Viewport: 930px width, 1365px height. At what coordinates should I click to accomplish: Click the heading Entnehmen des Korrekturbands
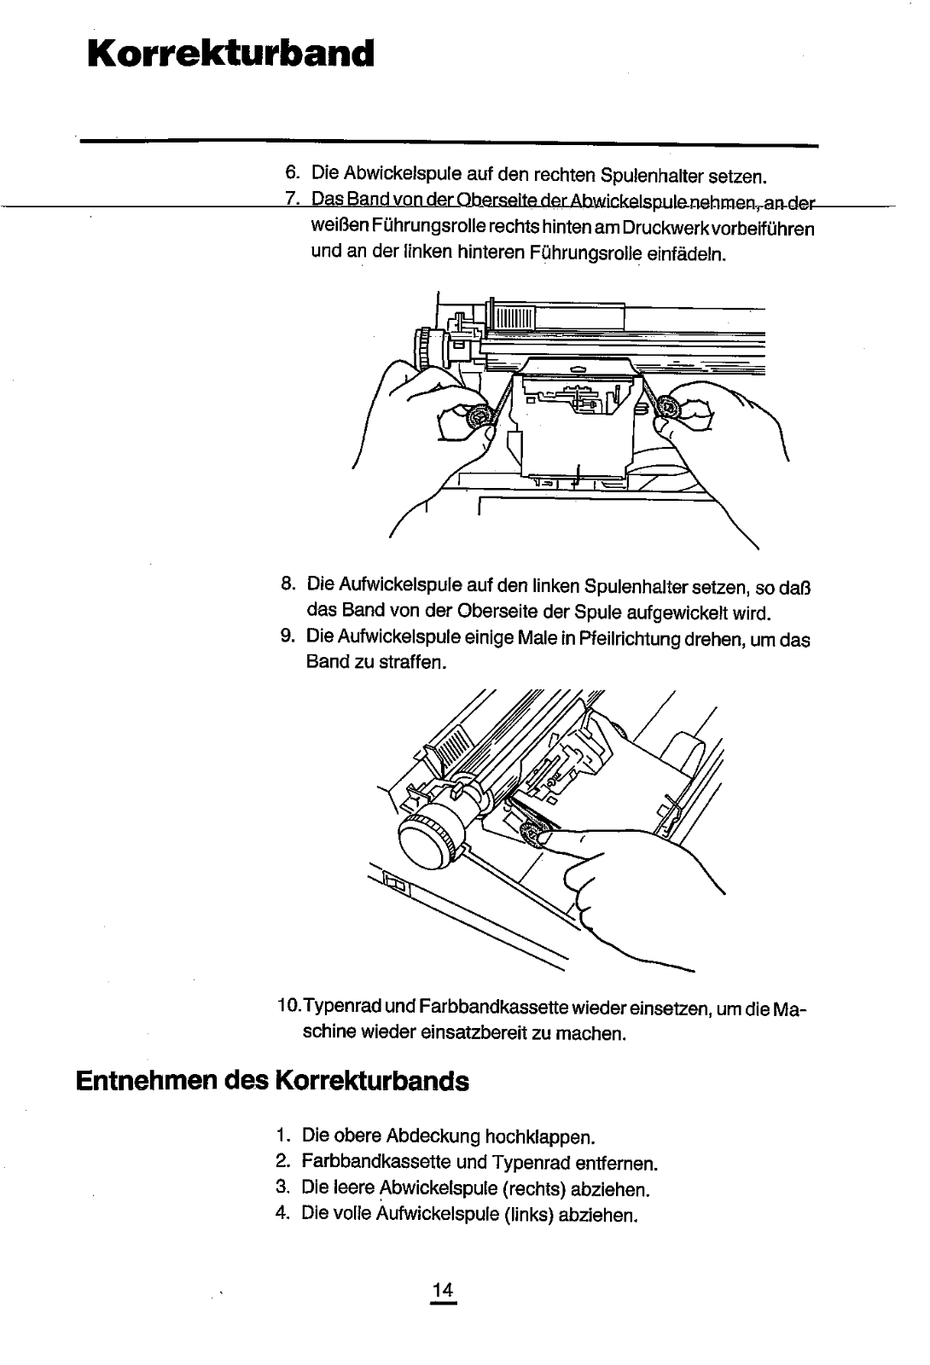click(272, 1081)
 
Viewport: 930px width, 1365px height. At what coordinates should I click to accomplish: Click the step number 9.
click(288, 639)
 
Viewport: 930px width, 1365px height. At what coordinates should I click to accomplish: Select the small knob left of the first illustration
click(424, 348)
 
